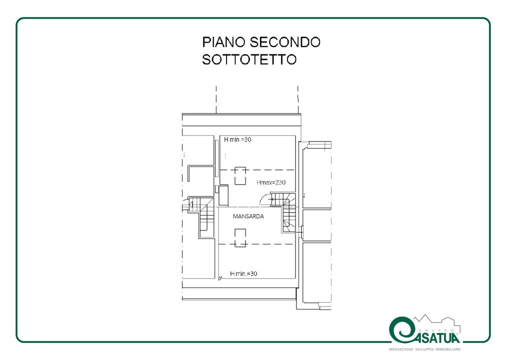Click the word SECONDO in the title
click(285, 42)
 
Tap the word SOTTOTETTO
click(249, 59)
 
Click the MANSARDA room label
click(248, 216)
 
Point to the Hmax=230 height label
click(271, 182)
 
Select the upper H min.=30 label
click(237, 139)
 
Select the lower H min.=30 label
click(243, 273)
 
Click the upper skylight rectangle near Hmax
click(240, 176)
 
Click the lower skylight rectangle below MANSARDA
click(240, 237)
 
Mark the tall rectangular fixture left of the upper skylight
click(223, 195)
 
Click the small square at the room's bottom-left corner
click(219, 279)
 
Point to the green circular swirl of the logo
click(401, 330)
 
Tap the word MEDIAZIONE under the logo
click(401, 349)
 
